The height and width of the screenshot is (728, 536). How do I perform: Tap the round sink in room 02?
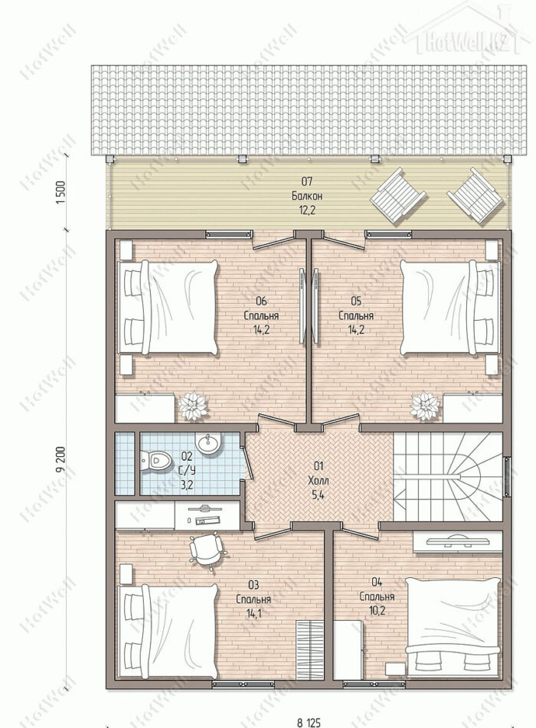[x=208, y=443]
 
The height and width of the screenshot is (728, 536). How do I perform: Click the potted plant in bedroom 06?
[x=192, y=406]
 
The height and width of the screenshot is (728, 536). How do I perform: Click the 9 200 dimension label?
[x=60, y=459]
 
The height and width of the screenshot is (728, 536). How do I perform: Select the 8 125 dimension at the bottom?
[x=309, y=723]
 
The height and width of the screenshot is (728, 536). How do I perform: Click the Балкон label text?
[x=307, y=196]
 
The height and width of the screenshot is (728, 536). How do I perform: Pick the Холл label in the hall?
[x=319, y=480]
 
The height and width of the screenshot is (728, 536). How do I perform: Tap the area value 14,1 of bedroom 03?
[x=253, y=613]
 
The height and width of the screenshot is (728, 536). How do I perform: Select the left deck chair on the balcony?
[x=398, y=197]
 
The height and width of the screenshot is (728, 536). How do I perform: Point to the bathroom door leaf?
[x=247, y=462]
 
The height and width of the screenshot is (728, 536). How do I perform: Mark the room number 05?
[x=356, y=302]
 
